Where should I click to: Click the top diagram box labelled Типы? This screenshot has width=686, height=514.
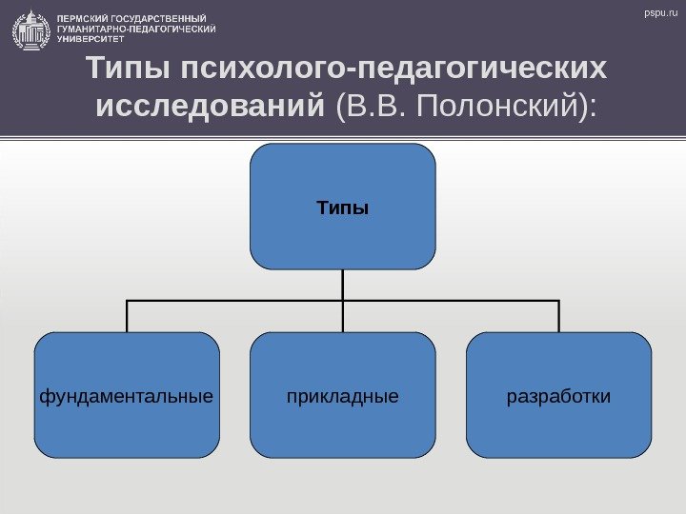(x=343, y=207)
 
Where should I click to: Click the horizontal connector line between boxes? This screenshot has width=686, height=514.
(x=238, y=301)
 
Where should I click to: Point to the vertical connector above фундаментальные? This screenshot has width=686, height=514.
(x=127, y=316)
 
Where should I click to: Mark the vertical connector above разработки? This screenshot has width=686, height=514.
(x=558, y=316)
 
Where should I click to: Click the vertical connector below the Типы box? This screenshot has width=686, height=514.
(x=343, y=285)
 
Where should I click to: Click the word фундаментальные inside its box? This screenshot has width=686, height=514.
(x=127, y=394)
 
